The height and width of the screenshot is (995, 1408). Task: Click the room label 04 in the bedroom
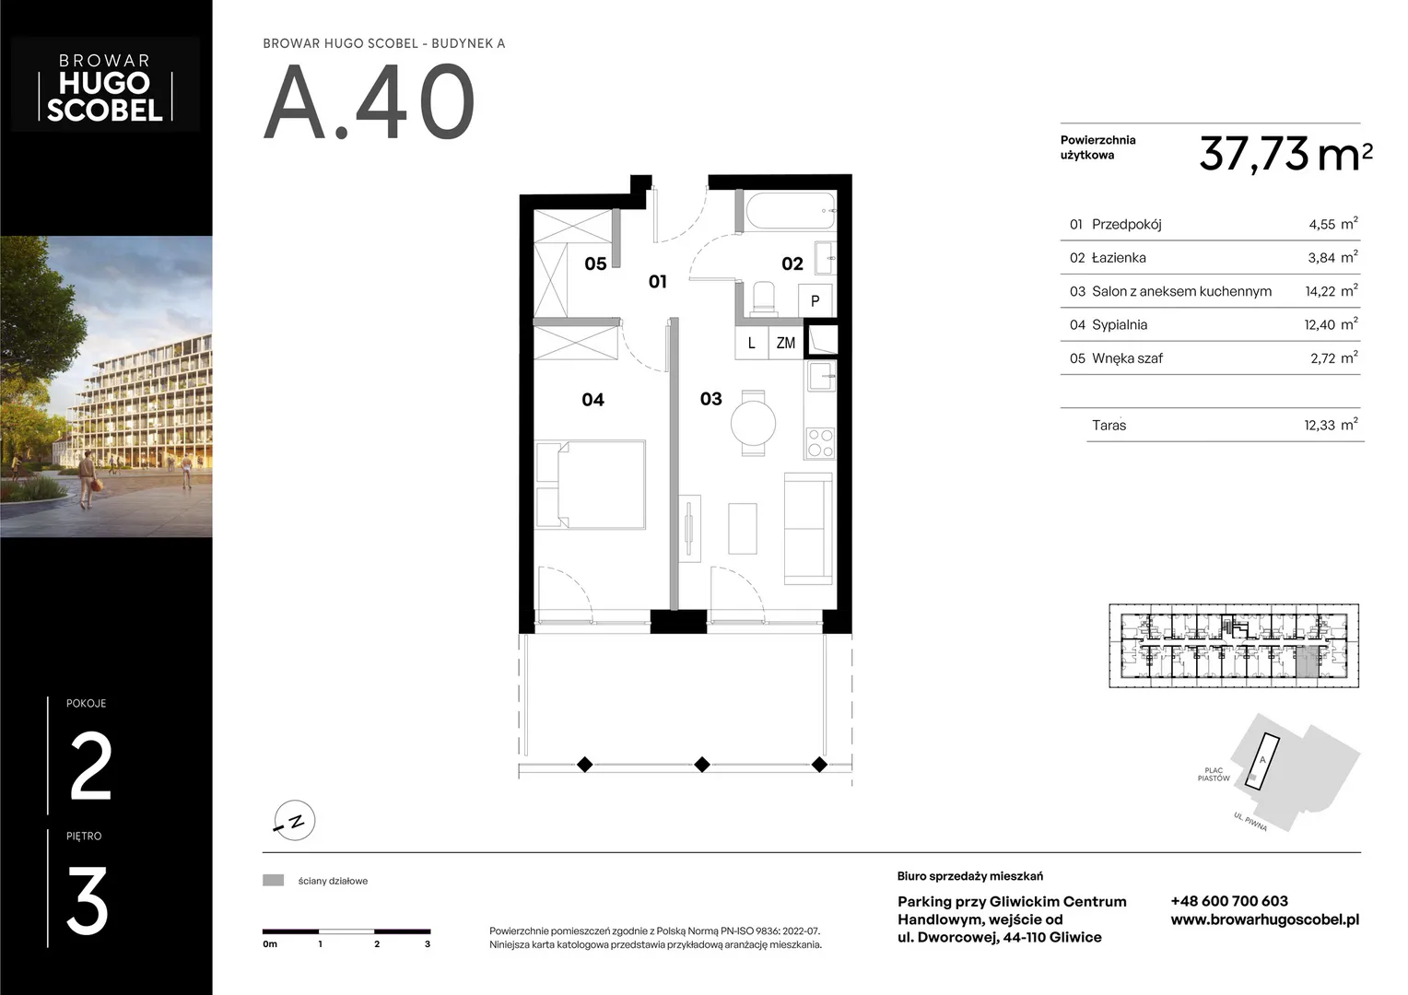[593, 400]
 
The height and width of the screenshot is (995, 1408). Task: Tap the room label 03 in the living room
[711, 399]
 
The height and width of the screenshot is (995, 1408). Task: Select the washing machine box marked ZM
[786, 343]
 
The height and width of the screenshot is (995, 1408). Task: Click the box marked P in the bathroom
[815, 300]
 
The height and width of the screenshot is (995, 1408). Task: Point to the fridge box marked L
[752, 343]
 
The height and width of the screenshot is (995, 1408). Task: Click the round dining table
[753, 423]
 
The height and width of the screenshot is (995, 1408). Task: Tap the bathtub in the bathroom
[790, 211]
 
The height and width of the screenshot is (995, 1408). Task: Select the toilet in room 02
[764, 298]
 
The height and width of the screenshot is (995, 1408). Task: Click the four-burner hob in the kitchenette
[820, 442]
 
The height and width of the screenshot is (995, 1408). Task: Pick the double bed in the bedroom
[591, 484]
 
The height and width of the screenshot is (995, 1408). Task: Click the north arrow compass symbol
[294, 820]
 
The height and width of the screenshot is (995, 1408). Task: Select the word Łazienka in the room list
[1119, 258]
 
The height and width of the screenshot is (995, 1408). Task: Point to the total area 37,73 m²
[1285, 154]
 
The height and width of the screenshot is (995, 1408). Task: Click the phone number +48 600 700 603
[1229, 901]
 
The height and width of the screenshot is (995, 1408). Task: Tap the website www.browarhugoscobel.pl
[1264, 919]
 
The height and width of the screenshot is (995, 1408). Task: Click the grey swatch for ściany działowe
[273, 881]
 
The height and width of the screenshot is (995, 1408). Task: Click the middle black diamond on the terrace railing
[702, 765]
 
